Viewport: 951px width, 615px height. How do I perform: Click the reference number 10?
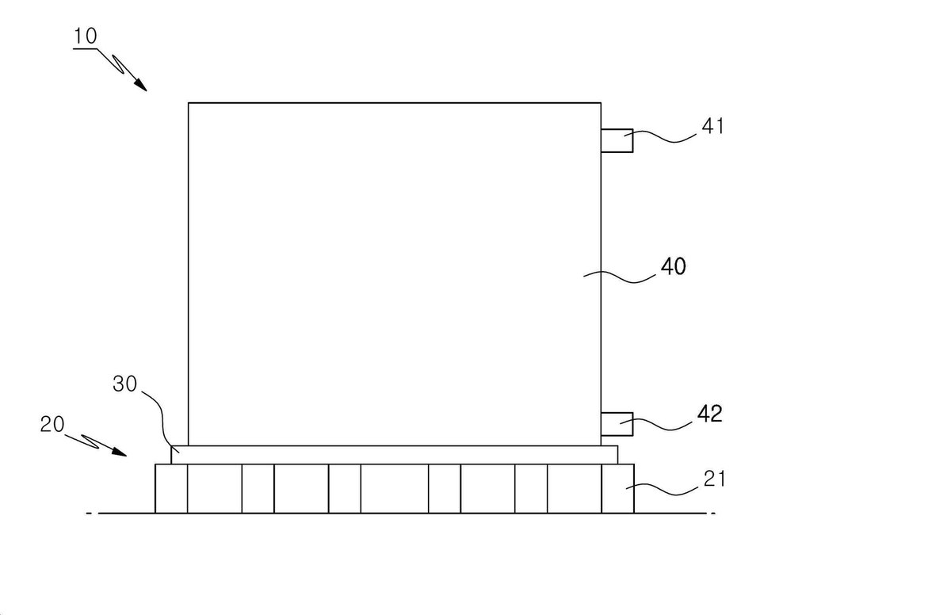[x=86, y=36]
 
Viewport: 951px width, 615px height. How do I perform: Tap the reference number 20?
[x=52, y=425]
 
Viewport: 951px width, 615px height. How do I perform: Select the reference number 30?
[x=125, y=384]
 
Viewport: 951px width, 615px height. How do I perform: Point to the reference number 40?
[x=674, y=267]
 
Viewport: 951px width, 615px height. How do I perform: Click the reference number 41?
[x=712, y=127]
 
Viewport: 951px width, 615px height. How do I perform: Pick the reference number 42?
[x=710, y=414]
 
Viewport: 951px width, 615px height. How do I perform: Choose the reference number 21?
[x=715, y=479]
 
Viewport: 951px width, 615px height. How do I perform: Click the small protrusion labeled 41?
[x=617, y=140]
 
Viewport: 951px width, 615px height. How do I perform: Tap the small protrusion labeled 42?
[x=617, y=424]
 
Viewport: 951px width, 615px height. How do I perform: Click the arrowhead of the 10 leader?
[x=141, y=86]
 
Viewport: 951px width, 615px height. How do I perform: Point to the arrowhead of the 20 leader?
[x=120, y=452]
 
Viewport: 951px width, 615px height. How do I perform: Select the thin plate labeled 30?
[x=395, y=455]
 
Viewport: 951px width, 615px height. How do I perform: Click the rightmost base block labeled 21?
[x=618, y=488]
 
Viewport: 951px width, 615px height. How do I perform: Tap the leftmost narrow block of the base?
[x=171, y=488]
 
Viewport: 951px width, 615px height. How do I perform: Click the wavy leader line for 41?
[x=660, y=136]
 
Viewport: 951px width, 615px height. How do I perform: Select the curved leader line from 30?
[x=162, y=420]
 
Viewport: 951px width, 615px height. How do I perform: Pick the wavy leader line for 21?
[x=663, y=489]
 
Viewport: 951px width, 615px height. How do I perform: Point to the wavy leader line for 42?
[x=656, y=425]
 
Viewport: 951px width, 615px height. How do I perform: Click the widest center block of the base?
[x=395, y=488]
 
